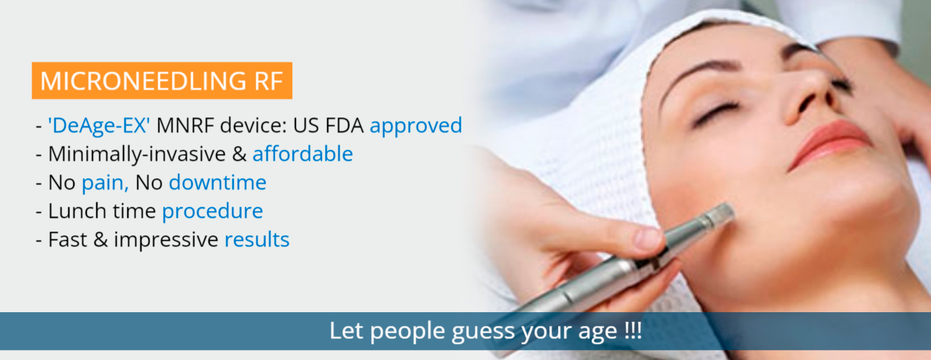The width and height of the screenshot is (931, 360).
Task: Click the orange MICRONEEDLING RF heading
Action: [162, 81]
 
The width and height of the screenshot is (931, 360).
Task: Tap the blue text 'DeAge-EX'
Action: [99, 125]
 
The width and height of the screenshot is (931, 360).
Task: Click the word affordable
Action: [303, 153]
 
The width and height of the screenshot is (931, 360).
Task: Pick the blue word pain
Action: [105, 183]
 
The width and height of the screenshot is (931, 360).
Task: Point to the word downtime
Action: [217, 182]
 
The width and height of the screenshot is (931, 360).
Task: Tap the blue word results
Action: [257, 240]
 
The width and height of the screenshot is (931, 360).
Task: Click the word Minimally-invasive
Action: [137, 154]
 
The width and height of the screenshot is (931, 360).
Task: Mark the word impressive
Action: [166, 240]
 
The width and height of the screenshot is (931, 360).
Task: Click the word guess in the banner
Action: [483, 331]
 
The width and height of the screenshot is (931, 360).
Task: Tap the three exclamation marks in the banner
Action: [633, 331]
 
